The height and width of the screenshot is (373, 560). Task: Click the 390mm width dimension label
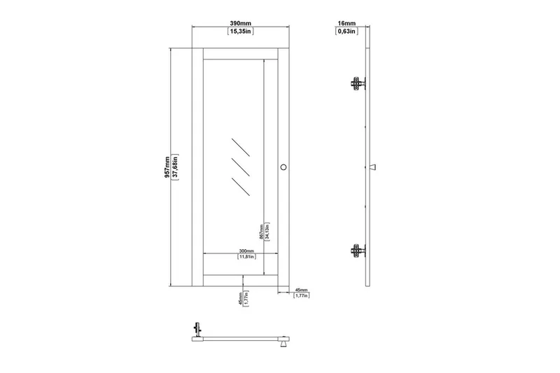(240, 24)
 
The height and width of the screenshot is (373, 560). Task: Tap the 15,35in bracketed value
(241, 31)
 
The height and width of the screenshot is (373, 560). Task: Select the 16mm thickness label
(346, 24)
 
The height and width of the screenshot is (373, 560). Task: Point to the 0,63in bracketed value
(346, 31)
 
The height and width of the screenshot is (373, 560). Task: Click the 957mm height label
(167, 167)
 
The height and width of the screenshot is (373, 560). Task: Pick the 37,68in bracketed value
(175, 167)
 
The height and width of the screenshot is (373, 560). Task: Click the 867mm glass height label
(261, 232)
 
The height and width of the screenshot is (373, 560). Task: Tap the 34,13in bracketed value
(267, 232)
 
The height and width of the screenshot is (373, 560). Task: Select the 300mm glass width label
(246, 251)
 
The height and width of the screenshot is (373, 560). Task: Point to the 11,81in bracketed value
(247, 257)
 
